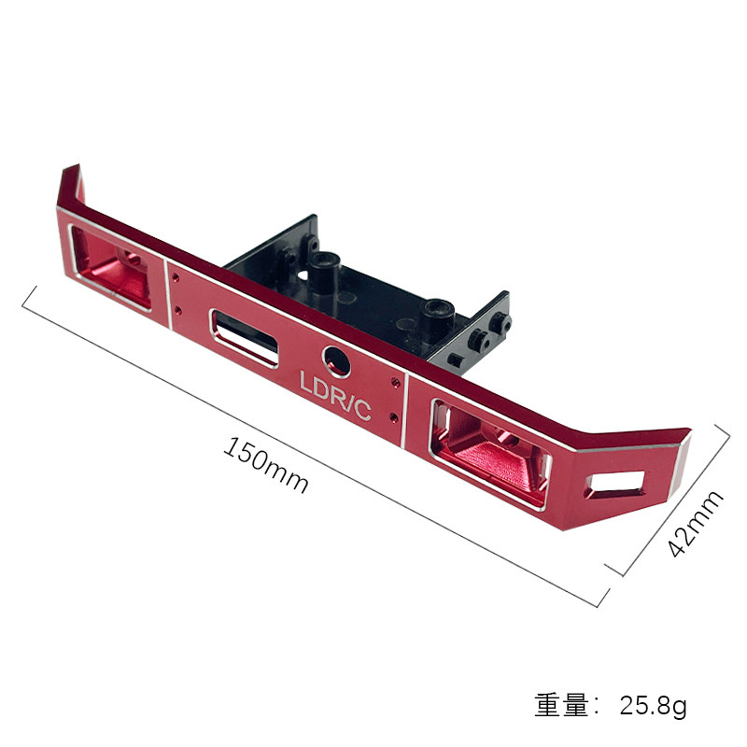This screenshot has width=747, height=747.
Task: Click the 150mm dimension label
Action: [x=266, y=464]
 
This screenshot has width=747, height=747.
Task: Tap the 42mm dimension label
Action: [x=695, y=524]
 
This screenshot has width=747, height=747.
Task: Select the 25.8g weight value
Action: [x=653, y=705]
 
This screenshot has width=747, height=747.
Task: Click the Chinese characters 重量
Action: [x=562, y=705]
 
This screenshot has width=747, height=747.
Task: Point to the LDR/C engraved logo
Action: [x=335, y=395]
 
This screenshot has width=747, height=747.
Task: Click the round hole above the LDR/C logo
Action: [x=337, y=362]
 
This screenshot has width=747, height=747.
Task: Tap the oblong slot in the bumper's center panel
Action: [x=244, y=338]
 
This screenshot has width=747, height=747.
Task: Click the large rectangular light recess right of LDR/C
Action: [x=491, y=454]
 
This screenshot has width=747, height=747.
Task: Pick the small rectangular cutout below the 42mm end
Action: [x=614, y=485]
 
